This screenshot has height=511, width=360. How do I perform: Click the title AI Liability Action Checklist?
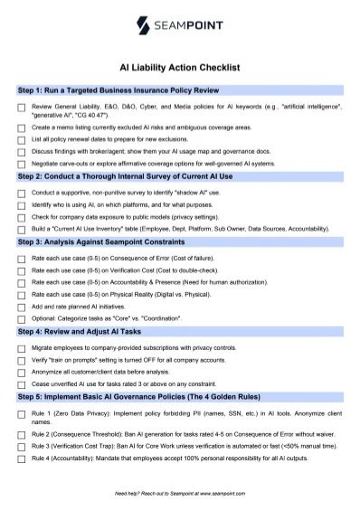pyautogui.click(x=179, y=67)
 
